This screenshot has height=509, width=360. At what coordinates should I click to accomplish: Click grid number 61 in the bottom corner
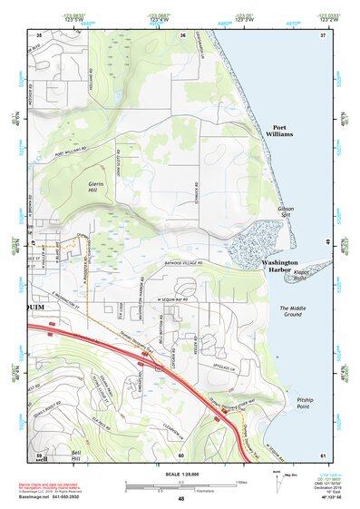324,455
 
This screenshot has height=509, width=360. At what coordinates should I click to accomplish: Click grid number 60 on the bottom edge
181,455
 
